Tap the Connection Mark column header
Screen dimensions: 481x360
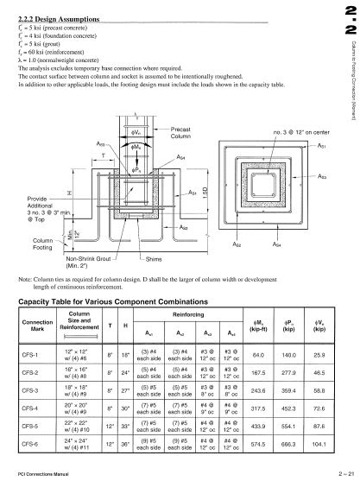[35, 323]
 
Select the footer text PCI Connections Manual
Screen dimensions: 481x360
[44, 474]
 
